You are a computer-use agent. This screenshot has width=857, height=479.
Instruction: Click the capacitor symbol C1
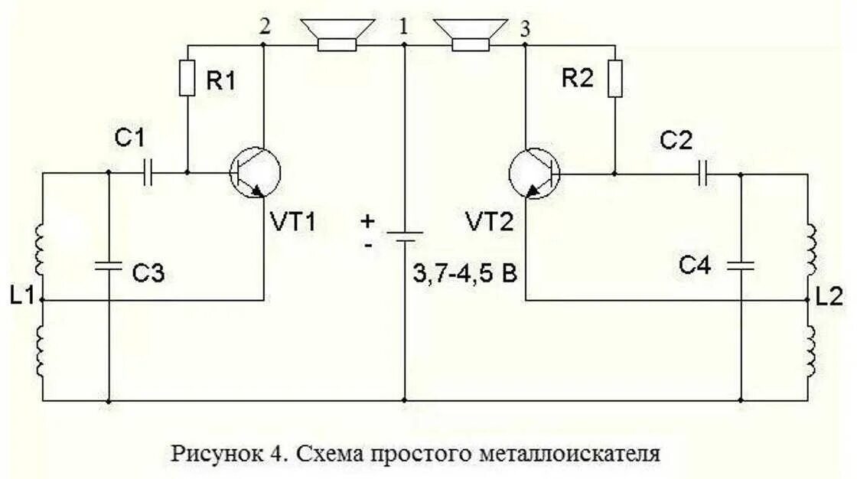(x=148, y=173)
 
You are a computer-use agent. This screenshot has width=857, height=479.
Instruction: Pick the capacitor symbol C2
(x=704, y=174)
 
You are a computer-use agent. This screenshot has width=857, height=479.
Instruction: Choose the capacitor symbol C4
(x=741, y=266)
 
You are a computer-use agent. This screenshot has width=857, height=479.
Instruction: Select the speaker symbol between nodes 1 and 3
(x=468, y=35)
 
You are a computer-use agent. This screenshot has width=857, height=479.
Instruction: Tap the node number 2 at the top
(x=265, y=27)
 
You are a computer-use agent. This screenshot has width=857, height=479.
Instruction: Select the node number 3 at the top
(x=524, y=29)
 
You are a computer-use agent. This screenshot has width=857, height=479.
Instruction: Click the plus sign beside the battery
(x=369, y=222)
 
